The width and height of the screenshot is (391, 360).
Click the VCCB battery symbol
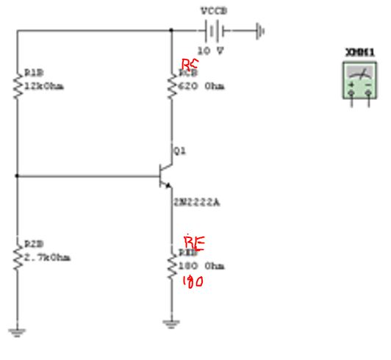(213, 31)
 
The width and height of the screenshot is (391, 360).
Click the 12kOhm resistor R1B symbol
(18, 84)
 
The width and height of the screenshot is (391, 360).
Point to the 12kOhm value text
(44, 86)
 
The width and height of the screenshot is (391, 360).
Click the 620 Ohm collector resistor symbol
(172, 84)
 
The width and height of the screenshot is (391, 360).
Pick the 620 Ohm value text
(202, 86)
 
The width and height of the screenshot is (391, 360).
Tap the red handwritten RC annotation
(190, 65)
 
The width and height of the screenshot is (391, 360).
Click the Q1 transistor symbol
(165, 175)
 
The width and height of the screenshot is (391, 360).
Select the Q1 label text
(181, 151)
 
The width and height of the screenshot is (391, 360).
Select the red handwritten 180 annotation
(193, 281)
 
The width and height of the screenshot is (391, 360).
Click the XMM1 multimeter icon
(359, 82)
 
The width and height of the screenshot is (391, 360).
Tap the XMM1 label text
(359, 52)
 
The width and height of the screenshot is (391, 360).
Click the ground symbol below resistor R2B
(17, 331)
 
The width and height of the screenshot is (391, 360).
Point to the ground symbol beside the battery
(259, 31)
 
